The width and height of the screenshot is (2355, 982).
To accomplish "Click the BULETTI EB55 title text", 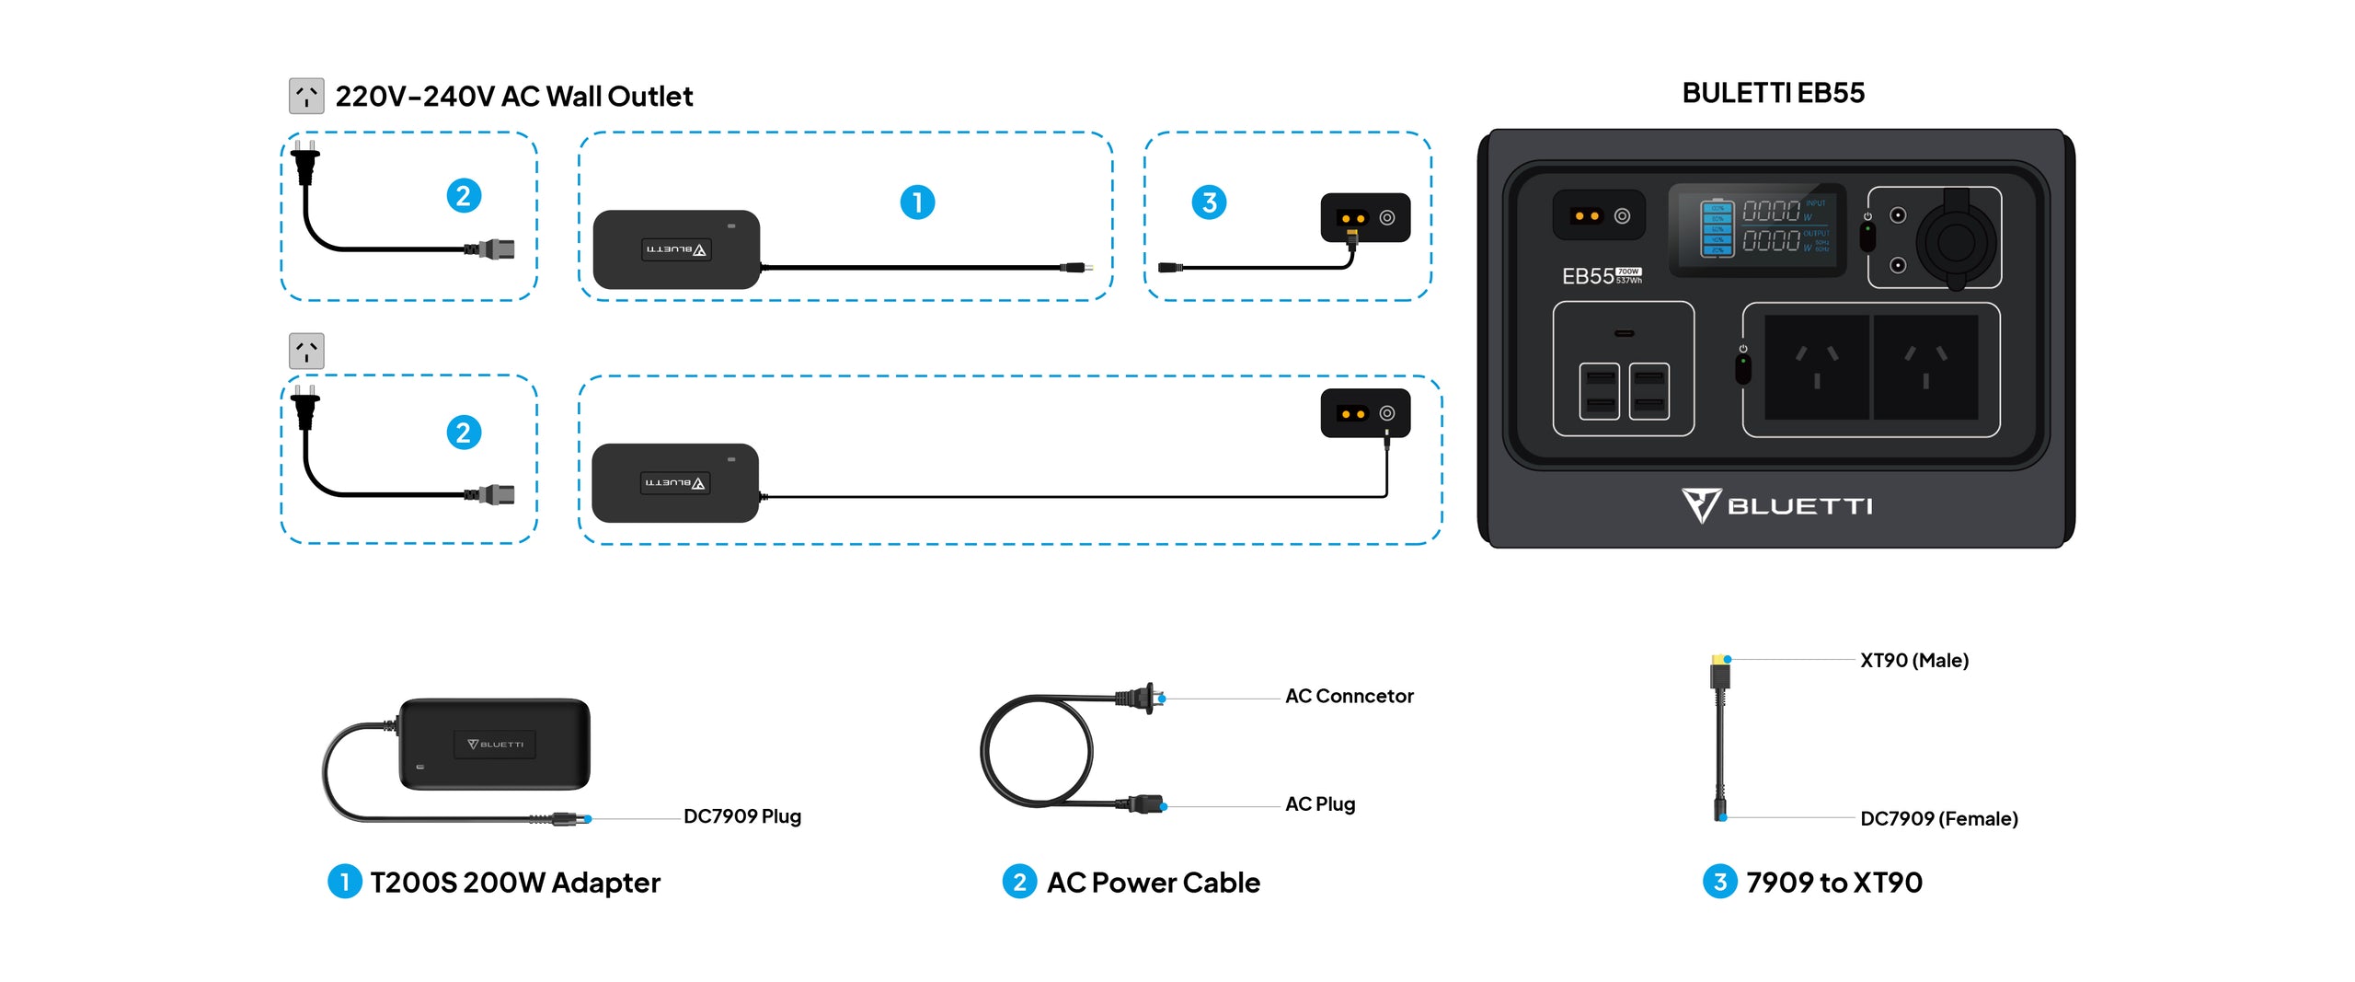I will click(1773, 93).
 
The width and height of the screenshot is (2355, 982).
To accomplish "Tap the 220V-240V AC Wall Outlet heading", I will click(513, 97).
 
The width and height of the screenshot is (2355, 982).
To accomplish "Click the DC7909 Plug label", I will click(741, 816).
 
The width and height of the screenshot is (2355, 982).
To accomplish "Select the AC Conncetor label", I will click(1349, 697).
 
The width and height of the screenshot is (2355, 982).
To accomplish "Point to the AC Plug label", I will click(1319, 804).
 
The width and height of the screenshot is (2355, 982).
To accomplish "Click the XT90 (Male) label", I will click(1913, 661).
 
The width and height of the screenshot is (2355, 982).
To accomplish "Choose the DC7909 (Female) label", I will click(1938, 819).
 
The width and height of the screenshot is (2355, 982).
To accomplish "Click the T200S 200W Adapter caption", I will click(514, 883).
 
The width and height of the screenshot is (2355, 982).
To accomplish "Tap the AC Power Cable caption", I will click(1153, 883).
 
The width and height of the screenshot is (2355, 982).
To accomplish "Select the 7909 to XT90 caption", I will click(1833, 883).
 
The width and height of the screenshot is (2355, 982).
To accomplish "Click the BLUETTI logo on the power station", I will click(1776, 505).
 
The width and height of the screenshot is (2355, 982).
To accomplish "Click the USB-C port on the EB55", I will click(1624, 333).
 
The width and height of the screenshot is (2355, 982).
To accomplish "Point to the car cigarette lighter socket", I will click(1956, 242).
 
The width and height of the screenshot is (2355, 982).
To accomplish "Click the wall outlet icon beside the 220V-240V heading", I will click(306, 96).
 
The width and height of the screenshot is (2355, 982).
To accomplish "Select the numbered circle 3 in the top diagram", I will click(1209, 202).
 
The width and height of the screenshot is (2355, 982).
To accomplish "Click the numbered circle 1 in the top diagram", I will click(917, 202).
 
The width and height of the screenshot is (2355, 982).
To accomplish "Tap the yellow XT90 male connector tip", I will click(1718, 661).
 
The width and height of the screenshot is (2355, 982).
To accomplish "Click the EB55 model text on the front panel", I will click(1587, 276).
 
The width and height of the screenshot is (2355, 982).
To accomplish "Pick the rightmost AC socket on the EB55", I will click(1925, 367).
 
